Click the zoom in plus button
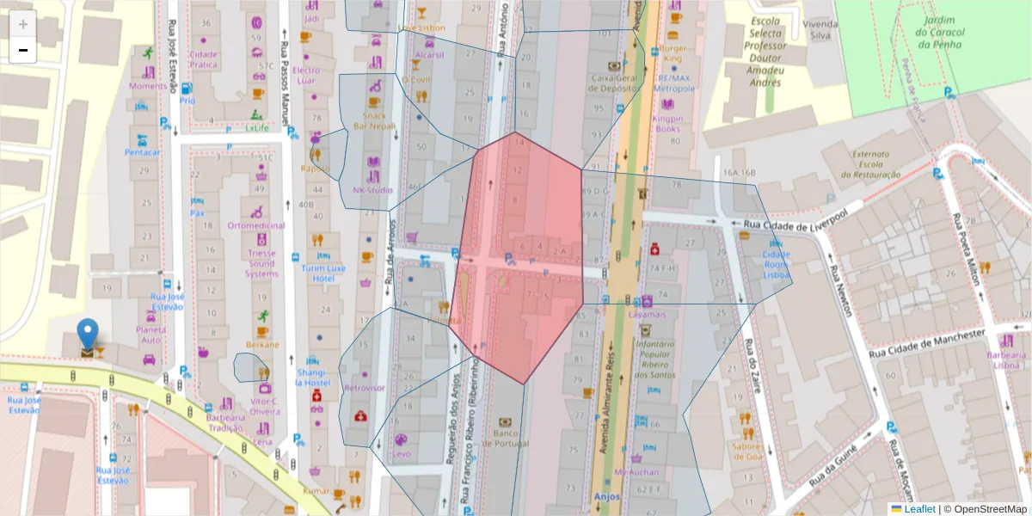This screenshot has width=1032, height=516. click(x=23, y=24)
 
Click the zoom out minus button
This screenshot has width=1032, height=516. click(x=23, y=50)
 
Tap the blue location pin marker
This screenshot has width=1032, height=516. click(x=88, y=334)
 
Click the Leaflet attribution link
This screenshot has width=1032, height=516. click(x=919, y=509)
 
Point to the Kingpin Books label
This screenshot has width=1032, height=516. click(x=666, y=124)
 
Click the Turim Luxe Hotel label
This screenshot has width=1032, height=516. click(x=323, y=273)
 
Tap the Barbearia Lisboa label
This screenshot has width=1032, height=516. click(x=1007, y=359)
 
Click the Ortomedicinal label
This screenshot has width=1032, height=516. click(x=256, y=225)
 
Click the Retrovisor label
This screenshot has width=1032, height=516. click(x=364, y=388)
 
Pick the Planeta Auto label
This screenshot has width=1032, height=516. click(x=151, y=335)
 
